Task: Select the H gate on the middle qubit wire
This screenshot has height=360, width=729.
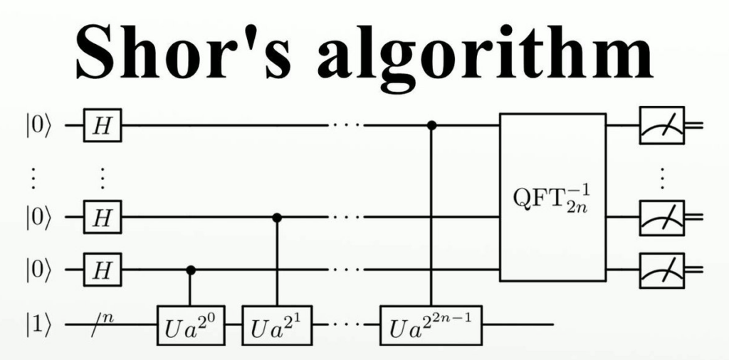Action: tap(103, 217)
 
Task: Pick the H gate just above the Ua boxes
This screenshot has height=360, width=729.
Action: tap(103, 270)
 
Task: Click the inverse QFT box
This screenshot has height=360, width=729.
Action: tap(552, 197)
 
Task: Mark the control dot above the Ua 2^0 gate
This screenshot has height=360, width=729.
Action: tap(190, 270)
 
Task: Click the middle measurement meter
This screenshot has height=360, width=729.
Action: tap(661, 217)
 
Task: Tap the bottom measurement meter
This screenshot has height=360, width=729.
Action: tap(661, 270)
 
